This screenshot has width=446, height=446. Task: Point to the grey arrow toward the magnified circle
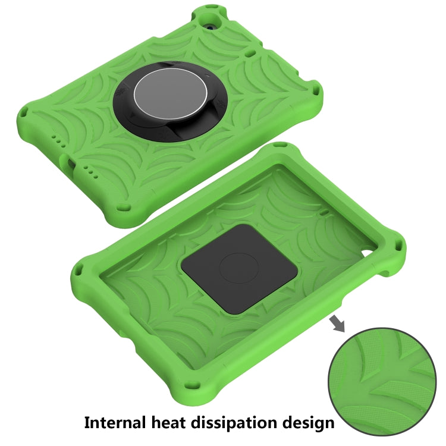(337, 325)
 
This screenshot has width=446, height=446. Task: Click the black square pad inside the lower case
(239, 269)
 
